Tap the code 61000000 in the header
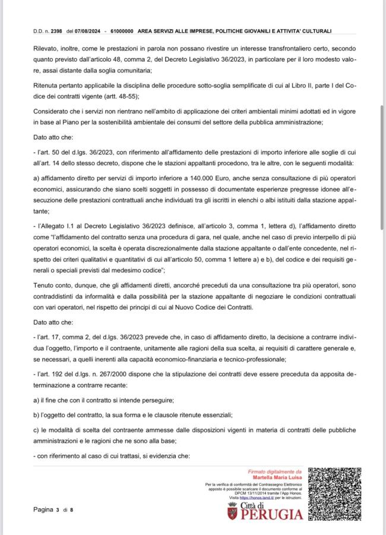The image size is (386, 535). pyautogui.click(x=122, y=30)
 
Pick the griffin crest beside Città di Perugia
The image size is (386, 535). pyautogui.click(x=232, y=511)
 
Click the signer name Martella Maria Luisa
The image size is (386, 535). pyautogui.click(x=278, y=477)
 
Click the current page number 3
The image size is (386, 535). pyautogui.click(x=57, y=509)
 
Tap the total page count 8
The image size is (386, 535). pyautogui.click(x=72, y=509)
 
